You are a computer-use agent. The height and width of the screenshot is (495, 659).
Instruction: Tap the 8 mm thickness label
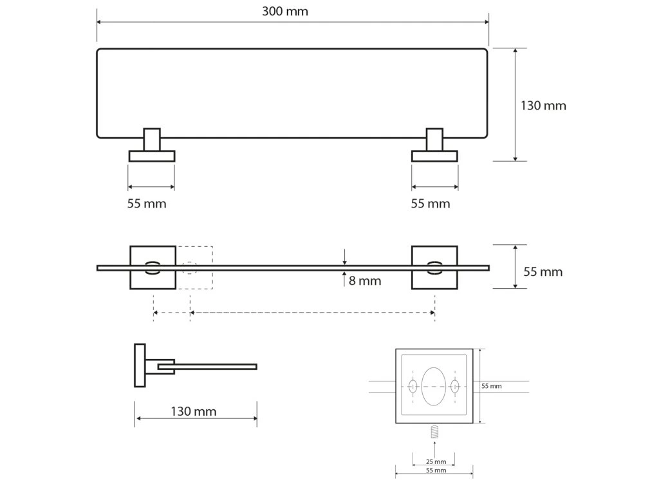pyautogui.click(x=364, y=280)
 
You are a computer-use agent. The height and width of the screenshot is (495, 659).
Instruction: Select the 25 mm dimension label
pyautogui.click(x=436, y=461)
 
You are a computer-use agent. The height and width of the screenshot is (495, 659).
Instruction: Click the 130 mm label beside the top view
pyautogui.click(x=543, y=106)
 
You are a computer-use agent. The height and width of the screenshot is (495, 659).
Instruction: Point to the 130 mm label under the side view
pyautogui.click(x=194, y=411)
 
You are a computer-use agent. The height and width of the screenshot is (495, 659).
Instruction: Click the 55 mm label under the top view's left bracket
pyautogui.click(x=147, y=204)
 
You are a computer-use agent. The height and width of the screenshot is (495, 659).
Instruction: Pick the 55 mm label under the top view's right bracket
pyautogui.click(x=431, y=204)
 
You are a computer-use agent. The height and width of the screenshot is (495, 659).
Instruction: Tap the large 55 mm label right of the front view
pyautogui.click(x=543, y=272)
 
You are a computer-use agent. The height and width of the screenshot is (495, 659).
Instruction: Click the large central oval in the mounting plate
pyautogui.click(x=434, y=386)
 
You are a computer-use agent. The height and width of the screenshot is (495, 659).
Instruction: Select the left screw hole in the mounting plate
pyautogui.click(x=413, y=387)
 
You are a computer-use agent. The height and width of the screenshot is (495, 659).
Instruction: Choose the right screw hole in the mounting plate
pyautogui.click(x=455, y=387)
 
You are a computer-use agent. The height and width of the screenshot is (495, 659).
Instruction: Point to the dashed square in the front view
pyautogui.click(x=196, y=267)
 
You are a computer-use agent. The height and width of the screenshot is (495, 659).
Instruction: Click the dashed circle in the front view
pyautogui.click(x=190, y=267)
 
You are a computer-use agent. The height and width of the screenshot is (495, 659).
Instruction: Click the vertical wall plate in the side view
pyautogui.click(x=140, y=365)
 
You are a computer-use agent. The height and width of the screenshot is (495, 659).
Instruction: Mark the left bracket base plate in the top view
pyautogui.click(x=152, y=156)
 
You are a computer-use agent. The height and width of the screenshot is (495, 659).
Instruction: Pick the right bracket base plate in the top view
pyautogui.click(x=435, y=156)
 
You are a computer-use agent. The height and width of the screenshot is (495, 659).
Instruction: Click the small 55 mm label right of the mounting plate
pyautogui.click(x=492, y=386)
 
